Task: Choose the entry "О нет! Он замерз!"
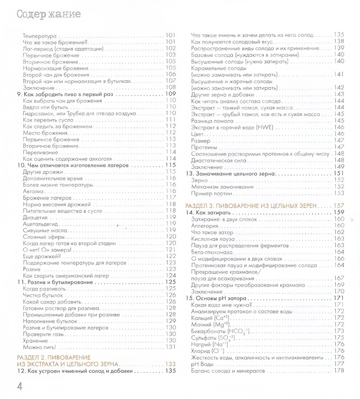47,249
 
